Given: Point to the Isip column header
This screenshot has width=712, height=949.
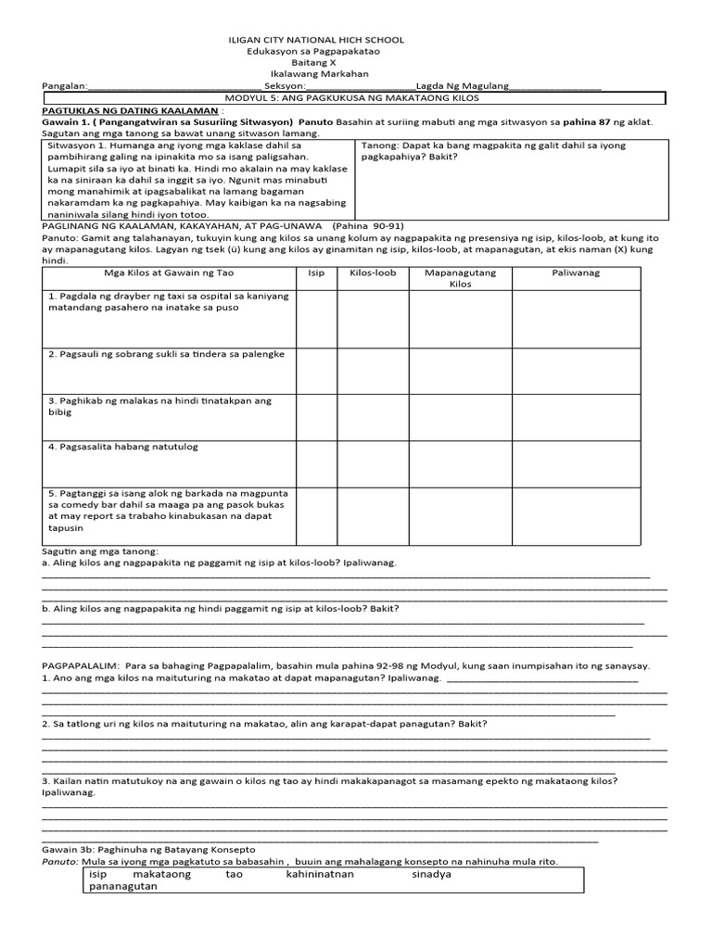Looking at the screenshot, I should click(315, 273).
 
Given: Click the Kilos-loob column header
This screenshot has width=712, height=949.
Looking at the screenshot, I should click(373, 273).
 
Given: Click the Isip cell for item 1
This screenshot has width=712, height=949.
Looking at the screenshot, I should click(315, 318).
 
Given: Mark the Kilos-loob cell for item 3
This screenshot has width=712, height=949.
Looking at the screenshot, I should click(373, 416).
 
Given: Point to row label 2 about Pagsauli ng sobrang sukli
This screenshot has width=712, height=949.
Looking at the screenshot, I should click(167, 355).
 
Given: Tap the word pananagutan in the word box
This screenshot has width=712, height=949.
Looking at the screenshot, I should click(123, 886).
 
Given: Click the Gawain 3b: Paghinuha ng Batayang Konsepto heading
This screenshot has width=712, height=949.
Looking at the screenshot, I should click(148, 850).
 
